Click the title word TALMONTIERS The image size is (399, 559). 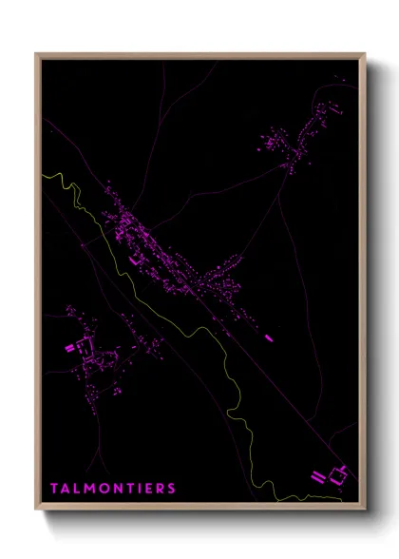tap(113, 489)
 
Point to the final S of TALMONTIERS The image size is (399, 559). tap(171, 489)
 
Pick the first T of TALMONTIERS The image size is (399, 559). tap(54, 489)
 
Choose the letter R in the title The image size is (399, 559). tap(159, 489)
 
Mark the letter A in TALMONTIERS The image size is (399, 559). tap(66, 489)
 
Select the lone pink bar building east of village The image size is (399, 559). tap(269, 336)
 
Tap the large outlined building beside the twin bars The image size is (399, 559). tap(337, 471)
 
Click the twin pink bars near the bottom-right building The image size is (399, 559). tap(316, 475)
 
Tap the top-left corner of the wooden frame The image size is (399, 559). tap(36, 54)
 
